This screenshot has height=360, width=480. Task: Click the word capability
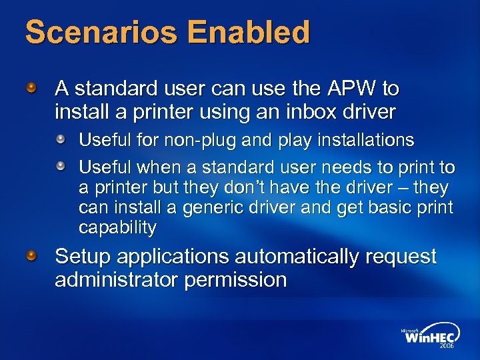click(117, 228)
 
